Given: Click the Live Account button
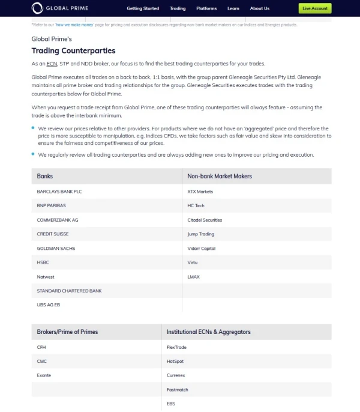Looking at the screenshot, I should (x=314, y=8).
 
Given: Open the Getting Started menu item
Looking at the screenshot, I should (x=143, y=8).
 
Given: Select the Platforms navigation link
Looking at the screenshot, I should (x=206, y=8).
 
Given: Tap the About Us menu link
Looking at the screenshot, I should (x=259, y=8).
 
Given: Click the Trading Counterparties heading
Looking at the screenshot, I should (x=73, y=50).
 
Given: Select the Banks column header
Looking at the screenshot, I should (x=45, y=176).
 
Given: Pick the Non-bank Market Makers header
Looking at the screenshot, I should (x=220, y=176).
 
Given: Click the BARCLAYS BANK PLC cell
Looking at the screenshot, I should (x=59, y=192).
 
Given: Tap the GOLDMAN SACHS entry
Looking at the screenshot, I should (x=56, y=248).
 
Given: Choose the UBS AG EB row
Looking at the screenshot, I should (x=49, y=304).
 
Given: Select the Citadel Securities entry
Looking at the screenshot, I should (x=205, y=220).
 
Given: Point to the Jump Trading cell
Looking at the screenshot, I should (x=200, y=234).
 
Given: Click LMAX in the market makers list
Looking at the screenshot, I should (x=193, y=276).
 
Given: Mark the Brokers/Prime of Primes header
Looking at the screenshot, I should (x=67, y=332).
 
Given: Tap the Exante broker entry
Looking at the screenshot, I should (x=44, y=375).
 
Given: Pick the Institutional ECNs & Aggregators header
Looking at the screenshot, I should (x=208, y=332).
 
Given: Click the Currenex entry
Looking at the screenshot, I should (x=176, y=375).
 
